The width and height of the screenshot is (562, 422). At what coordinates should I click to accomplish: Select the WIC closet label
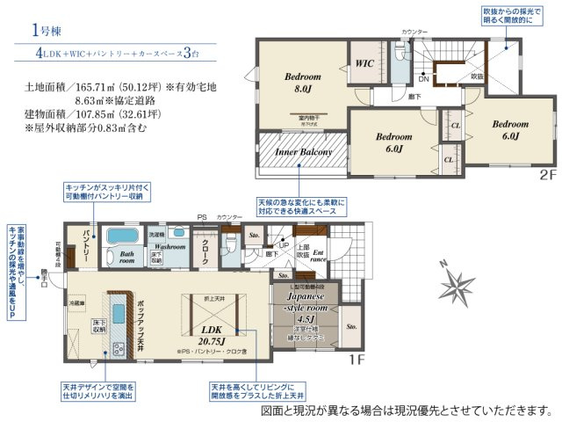(x=364, y=64)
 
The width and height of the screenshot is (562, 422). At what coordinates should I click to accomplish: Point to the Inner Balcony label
(x=303, y=152)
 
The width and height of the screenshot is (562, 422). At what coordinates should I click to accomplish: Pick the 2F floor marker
(x=547, y=176)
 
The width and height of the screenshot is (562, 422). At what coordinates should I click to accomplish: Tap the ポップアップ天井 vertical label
(x=140, y=321)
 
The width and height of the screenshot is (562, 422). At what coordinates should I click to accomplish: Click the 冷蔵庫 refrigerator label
(x=78, y=303)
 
